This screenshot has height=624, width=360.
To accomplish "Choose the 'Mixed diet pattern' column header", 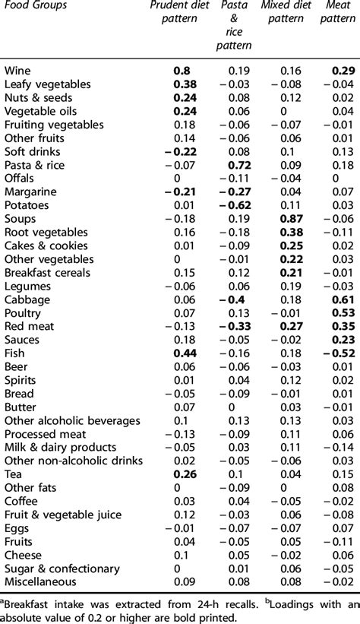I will pyautogui.click(x=283, y=13).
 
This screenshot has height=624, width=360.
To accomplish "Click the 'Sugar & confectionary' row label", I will pyautogui.click(x=62, y=569).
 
